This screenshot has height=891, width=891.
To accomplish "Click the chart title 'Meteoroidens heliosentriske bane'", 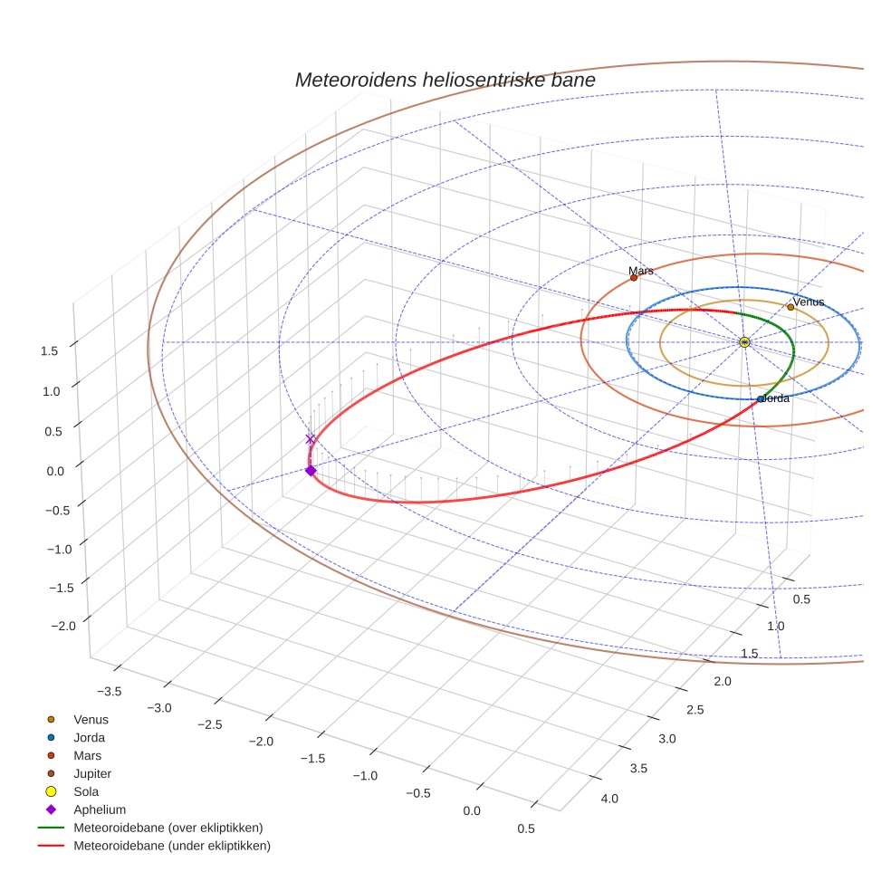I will [x=445, y=80].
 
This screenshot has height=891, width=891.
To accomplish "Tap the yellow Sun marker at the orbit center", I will [x=744, y=342].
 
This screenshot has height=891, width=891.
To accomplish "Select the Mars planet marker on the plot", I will [x=634, y=278].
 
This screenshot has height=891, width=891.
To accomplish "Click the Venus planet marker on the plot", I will [x=790, y=307].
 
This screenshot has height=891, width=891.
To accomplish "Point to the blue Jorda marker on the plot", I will [x=761, y=399].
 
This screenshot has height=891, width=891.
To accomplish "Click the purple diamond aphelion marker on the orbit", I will [x=311, y=470].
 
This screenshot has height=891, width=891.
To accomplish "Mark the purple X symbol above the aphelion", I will [x=311, y=439].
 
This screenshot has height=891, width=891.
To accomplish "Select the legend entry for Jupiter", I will [x=92, y=773].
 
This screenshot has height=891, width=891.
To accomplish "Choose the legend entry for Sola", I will [x=86, y=791].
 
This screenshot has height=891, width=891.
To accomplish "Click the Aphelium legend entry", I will [x=100, y=810].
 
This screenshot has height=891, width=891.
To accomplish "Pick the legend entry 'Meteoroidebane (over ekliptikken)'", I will [x=168, y=828].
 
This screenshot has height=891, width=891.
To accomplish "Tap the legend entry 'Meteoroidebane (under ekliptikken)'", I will [x=171, y=846].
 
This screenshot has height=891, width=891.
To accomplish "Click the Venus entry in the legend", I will [x=91, y=719].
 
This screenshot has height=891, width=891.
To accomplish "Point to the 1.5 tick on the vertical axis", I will [x=50, y=350].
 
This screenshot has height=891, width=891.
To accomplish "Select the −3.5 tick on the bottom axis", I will [x=109, y=691].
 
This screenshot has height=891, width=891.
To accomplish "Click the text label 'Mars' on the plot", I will [x=640, y=271].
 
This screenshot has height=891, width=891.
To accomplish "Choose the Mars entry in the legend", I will [x=87, y=755].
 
